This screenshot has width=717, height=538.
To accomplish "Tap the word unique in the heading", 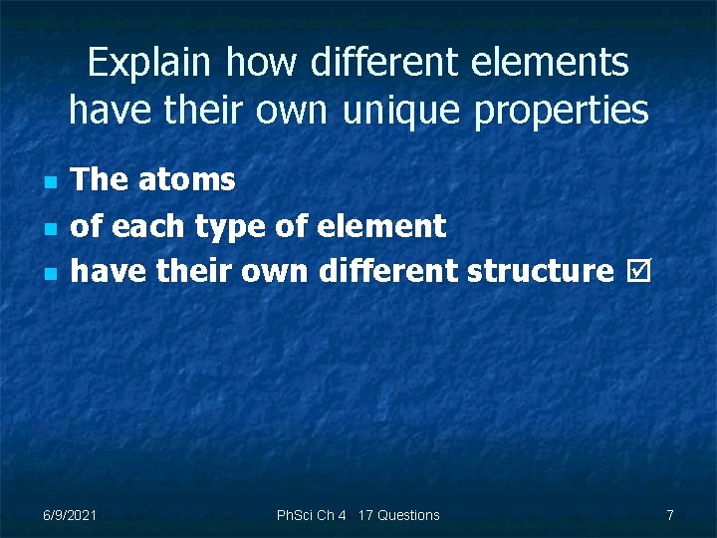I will click(402, 110).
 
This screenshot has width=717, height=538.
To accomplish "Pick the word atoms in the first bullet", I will click(186, 179).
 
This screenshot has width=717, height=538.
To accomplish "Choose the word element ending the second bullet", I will click(380, 226).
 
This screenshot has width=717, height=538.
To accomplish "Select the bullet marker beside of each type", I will click(49, 228).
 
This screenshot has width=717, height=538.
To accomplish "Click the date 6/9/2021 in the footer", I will click(70, 515).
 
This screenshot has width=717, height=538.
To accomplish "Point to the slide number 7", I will click(670, 515).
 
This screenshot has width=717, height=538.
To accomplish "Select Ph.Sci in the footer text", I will click(295, 515).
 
